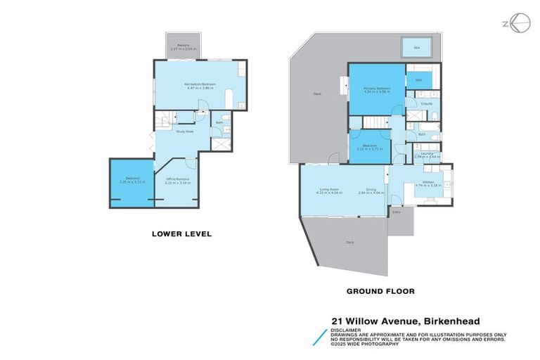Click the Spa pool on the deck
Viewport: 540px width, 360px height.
(416, 48)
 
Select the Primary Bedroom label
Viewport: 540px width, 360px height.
(376, 89)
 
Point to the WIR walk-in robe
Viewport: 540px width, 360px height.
(418, 81)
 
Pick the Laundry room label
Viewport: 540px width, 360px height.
(427, 155)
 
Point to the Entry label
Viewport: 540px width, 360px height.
(396, 211)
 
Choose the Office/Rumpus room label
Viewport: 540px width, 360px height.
(177, 180)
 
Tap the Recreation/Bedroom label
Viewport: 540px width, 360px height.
(200, 84)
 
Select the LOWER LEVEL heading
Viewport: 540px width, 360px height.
(182, 233)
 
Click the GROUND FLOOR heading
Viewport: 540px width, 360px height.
(373, 291)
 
